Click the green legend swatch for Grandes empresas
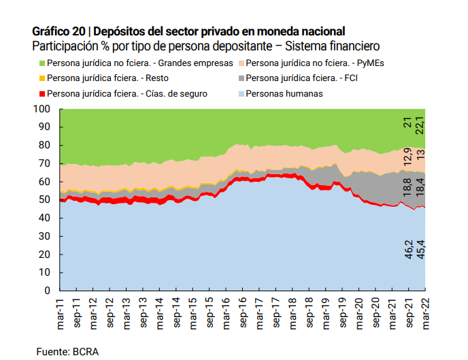[x=41, y=63]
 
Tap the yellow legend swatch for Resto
[x=41, y=78]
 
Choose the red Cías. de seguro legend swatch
[x=41, y=93]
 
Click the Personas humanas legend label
[x=284, y=93]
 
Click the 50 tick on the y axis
[x=44, y=200]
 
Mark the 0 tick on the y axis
[x=47, y=291]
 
